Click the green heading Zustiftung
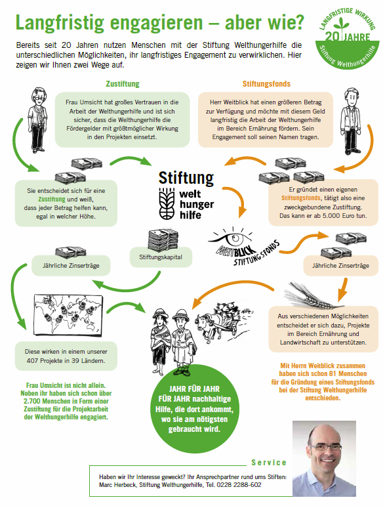[x=123, y=84]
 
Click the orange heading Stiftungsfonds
[x=266, y=84]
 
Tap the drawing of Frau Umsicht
[x=39, y=120]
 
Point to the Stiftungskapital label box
[x=161, y=257]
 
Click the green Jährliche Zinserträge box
[x=71, y=266]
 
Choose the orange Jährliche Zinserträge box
[x=340, y=266]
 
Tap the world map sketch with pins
[x=68, y=314]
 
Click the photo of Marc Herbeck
[x=325, y=458]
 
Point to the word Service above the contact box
[x=269, y=463]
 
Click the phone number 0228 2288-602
[x=239, y=485]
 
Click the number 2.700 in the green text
[x=32, y=401]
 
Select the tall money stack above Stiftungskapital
[x=163, y=240]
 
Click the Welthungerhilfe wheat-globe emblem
[x=167, y=203]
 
